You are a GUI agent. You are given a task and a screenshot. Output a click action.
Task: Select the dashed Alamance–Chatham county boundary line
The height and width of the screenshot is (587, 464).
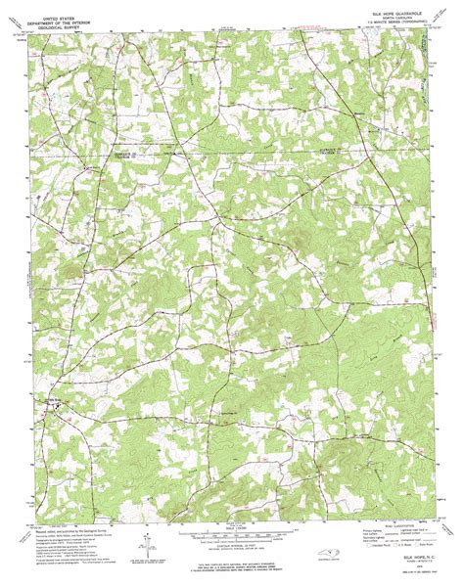pos(225,154)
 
